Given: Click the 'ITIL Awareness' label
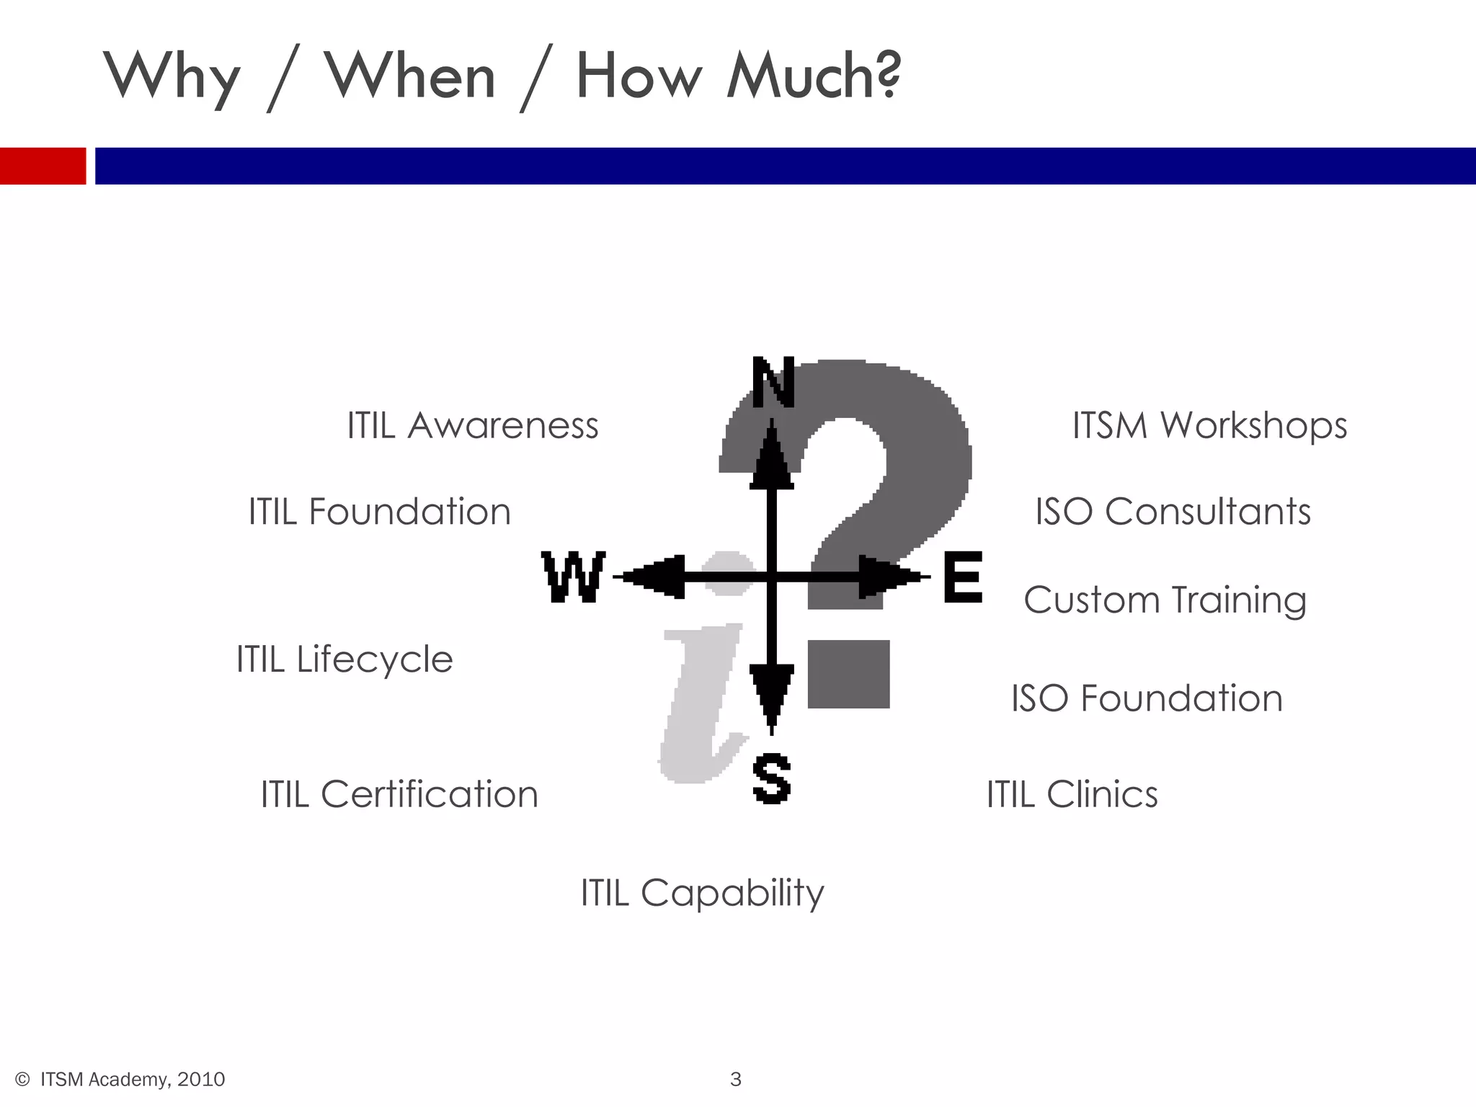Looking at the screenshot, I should (473, 425).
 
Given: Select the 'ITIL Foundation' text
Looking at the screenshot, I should (380, 512).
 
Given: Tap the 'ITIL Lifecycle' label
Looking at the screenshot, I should (344, 659).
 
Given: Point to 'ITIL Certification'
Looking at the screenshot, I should (399, 794).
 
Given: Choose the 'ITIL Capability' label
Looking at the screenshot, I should (703, 893).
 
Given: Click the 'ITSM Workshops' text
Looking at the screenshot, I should (1209, 425).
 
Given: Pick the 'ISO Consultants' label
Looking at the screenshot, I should (1173, 512).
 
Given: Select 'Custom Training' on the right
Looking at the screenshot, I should (1165, 600).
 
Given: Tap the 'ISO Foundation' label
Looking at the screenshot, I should (1147, 698).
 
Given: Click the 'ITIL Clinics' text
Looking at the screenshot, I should (1072, 794).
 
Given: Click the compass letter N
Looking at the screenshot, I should (773, 382).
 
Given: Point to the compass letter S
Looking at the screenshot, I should (771, 779).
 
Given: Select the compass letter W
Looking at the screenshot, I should (573, 577).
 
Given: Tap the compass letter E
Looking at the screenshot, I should (962, 577).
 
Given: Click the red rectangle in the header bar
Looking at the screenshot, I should (43, 166).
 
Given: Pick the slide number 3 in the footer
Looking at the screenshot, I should (736, 1079).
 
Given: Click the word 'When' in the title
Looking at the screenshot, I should (410, 76).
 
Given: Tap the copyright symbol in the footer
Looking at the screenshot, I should (22, 1079).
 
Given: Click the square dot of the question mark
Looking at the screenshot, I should (848, 674).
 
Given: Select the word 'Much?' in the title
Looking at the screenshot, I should (814, 76).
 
